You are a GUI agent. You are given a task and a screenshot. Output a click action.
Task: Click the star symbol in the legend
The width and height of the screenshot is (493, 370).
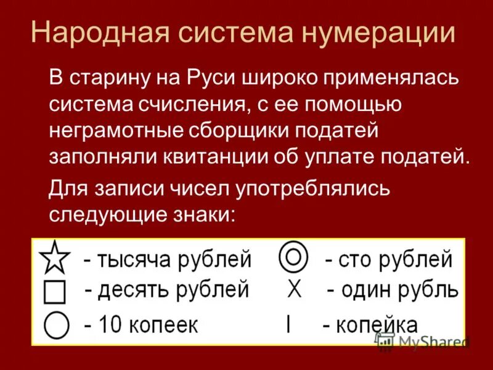click(55, 259)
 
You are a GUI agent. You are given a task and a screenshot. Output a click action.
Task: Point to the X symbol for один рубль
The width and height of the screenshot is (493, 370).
click(295, 289)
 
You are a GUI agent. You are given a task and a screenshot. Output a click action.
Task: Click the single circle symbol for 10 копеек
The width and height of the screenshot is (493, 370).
click(55, 325)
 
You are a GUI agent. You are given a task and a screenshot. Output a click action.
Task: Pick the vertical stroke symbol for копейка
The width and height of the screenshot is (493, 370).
click(288, 324)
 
